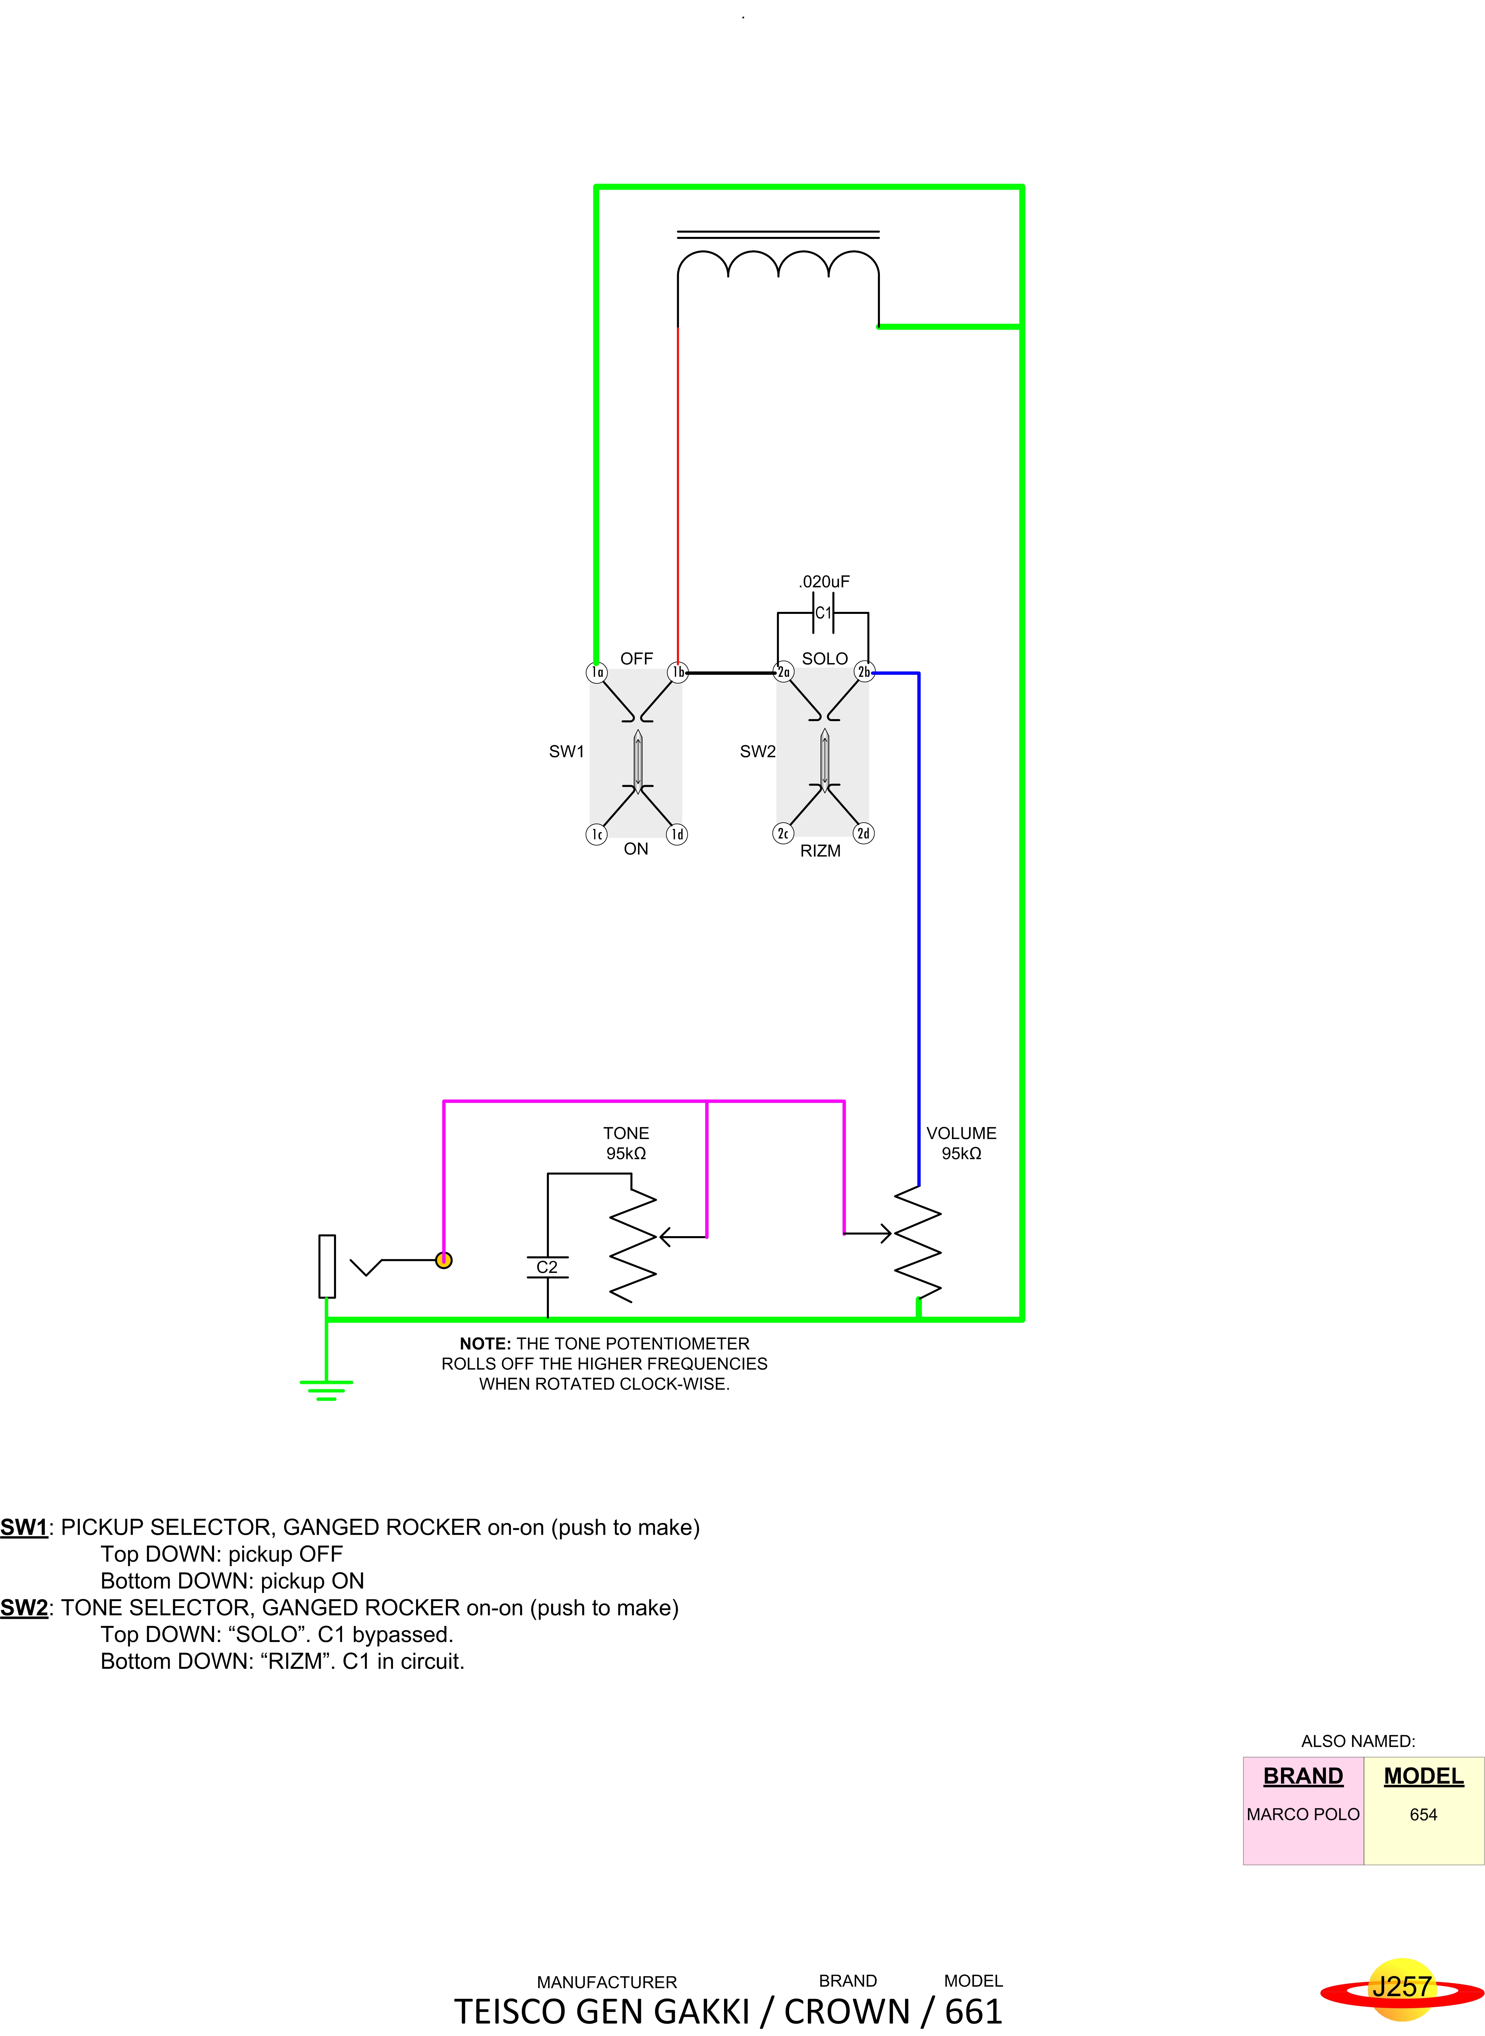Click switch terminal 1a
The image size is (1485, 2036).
(x=597, y=673)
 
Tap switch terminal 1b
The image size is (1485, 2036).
(x=678, y=673)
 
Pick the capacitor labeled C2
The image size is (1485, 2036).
(x=547, y=1267)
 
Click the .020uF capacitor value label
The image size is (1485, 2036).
(x=824, y=582)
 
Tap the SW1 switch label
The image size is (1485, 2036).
(x=566, y=752)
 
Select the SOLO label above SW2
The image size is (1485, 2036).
(x=824, y=659)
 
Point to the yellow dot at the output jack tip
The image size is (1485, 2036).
(x=443, y=1260)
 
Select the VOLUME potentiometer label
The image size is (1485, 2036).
(x=961, y=1134)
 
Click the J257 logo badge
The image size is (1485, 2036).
(x=1401, y=1987)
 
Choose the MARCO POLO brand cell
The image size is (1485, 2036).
(x=1302, y=1814)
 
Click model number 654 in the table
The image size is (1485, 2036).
(x=1423, y=1814)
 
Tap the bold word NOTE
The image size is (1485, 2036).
(x=485, y=1344)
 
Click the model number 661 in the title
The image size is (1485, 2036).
(x=973, y=2012)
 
